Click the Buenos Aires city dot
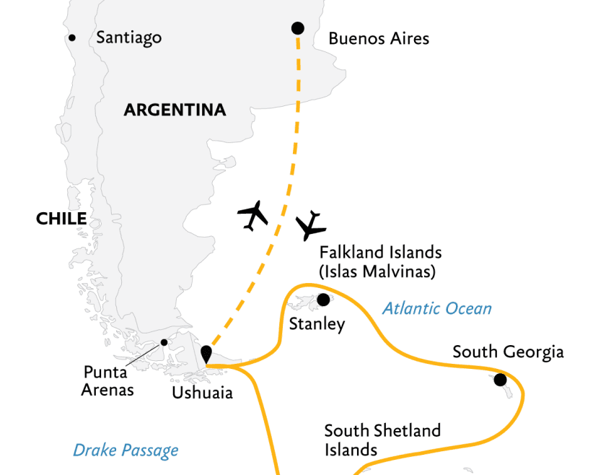[x=297, y=28]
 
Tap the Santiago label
[x=128, y=38]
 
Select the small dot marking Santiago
[x=71, y=38]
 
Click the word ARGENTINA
[x=175, y=110]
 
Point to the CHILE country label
[x=61, y=219]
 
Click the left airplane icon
[x=252, y=215]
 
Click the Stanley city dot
[x=322, y=300]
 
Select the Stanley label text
[x=317, y=324]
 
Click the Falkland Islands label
[x=380, y=253]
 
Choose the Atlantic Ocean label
[x=437, y=309]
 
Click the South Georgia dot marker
[x=500, y=380]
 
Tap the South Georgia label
[x=508, y=352]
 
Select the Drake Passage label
[x=126, y=451]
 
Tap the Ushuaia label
[x=202, y=393]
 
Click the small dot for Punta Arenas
[x=164, y=342]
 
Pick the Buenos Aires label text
[x=379, y=38]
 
